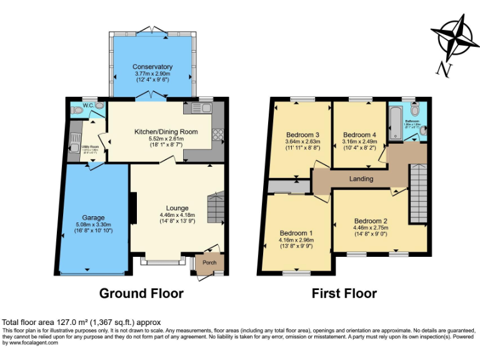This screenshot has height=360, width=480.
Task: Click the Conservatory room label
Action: [x=152, y=67]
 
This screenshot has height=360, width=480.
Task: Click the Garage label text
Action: [x=94, y=218]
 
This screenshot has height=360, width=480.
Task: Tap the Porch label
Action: [x=209, y=262]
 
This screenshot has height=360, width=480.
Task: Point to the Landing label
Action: [x=361, y=179]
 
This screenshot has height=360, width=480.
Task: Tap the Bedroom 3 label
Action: [x=303, y=135]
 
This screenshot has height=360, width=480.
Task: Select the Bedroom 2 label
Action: [x=371, y=221]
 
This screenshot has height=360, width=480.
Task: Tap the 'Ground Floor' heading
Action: [x=141, y=293]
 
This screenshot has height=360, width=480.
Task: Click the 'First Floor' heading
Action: [x=344, y=293]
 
